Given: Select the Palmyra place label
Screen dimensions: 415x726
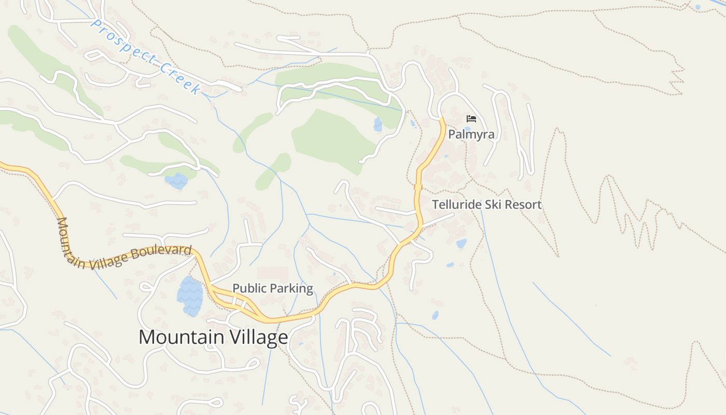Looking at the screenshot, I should click(471, 134).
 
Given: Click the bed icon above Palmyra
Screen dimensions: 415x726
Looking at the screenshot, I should click(471, 119).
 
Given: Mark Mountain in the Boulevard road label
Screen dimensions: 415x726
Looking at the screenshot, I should click(63, 236).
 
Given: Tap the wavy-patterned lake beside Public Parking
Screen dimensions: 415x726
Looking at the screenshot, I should click(190, 296).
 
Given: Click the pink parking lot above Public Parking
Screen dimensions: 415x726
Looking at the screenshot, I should click(272, 274).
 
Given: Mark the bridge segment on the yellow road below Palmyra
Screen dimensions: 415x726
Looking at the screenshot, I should click(418, 187).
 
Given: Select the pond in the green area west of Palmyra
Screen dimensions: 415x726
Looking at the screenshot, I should click(378, 125).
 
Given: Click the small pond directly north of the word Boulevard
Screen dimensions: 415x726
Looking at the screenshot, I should click(176, 181).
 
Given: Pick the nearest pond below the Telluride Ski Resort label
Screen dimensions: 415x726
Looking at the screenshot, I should click(461, 243).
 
